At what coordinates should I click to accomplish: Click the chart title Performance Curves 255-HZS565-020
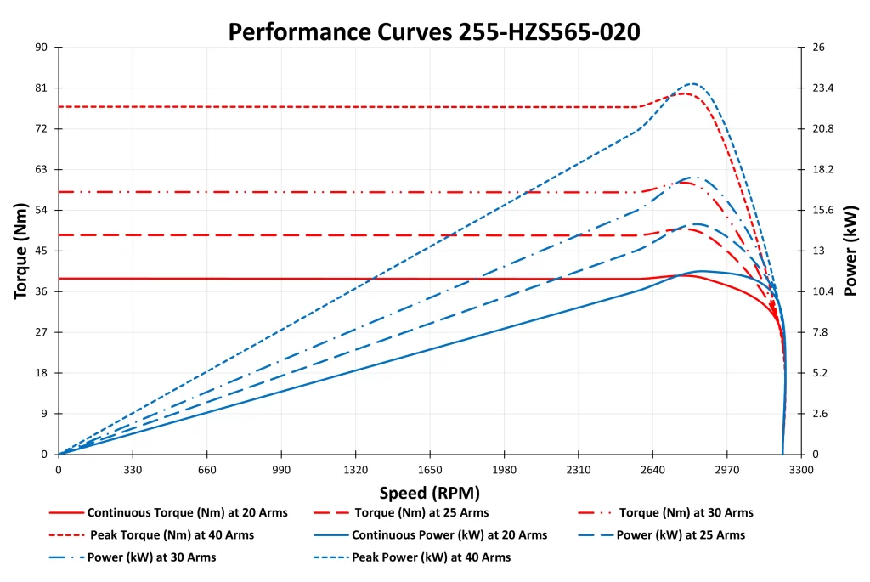point(434,31)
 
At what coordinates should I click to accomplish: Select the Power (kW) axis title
point(850,251)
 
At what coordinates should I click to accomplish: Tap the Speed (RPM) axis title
point(429,493)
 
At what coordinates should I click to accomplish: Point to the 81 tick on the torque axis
point(41,88)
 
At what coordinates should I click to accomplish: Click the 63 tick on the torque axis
point(41,169)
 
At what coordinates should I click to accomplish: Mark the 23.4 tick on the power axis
point(824,88)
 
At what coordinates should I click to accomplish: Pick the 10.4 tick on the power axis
point(824,291)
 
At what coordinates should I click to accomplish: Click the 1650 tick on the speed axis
point(430,468)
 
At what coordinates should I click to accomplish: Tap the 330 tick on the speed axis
point(133,468)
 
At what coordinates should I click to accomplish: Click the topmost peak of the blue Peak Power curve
point(693,83)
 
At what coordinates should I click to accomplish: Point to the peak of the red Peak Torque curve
point(685,93)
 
